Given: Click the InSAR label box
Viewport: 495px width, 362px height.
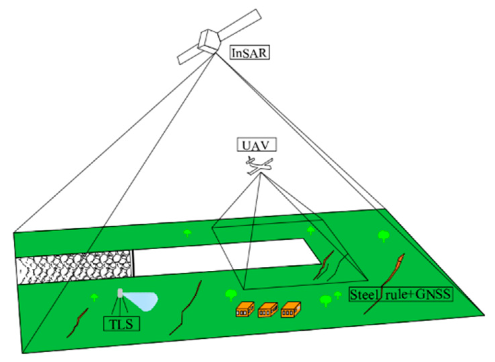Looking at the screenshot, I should click(250, 53).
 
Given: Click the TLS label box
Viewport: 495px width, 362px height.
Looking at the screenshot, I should click(121, 324).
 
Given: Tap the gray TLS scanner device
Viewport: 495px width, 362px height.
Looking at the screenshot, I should click(120, 293).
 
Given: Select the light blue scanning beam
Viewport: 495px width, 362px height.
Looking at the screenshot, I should click(142, 301).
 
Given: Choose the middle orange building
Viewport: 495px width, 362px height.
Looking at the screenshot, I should click(268, 310).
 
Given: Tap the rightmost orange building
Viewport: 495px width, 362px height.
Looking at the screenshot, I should click(291, 309).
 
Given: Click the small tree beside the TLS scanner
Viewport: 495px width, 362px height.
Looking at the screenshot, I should click(95, 297).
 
